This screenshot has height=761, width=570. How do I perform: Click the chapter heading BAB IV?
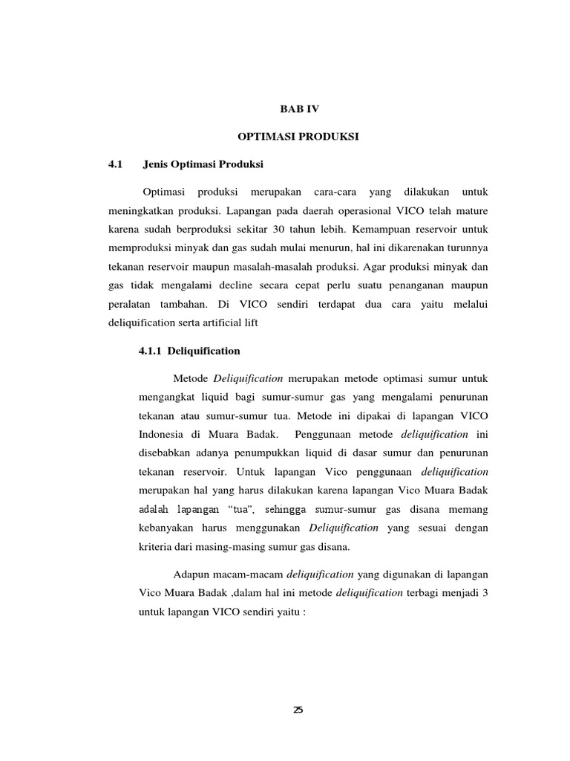click(298, 109)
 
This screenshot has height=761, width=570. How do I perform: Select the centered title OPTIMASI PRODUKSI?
click(298, 137)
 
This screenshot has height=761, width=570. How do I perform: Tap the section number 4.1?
click(114, 164)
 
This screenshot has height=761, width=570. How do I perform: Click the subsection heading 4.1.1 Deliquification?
click(189, 350)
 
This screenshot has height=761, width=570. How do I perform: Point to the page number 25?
click(298, 710)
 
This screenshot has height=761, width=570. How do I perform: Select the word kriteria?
click(158, 548)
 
